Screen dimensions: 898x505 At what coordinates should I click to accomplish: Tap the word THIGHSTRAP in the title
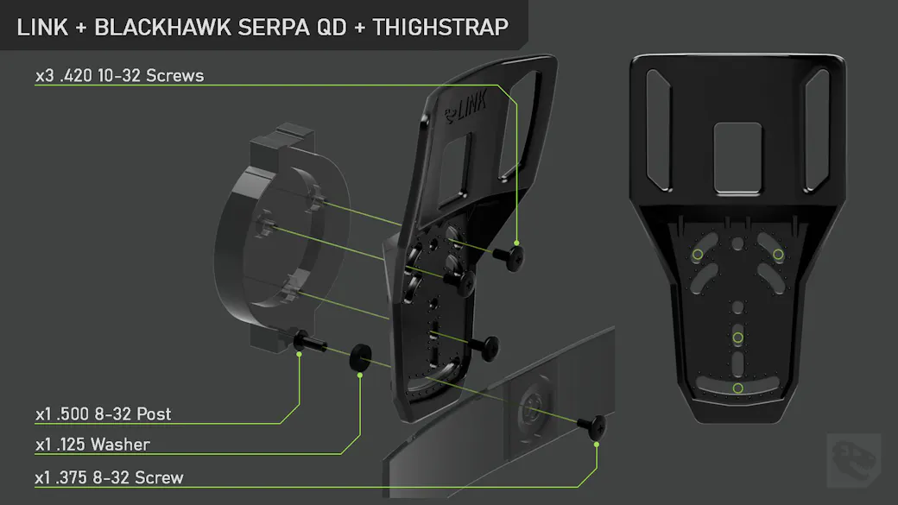point(440,28)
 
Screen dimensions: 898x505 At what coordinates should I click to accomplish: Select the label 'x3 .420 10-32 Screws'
point(120,76)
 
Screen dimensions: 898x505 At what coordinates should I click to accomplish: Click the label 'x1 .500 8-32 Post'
point(103,414)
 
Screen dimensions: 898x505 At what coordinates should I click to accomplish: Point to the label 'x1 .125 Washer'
point(92,445)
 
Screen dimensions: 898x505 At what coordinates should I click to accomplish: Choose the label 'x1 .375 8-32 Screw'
point(110,477)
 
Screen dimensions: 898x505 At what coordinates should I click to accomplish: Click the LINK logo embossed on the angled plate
point(467,106)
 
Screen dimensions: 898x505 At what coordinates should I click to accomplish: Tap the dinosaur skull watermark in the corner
point(853,460)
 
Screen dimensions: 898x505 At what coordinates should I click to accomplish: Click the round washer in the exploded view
point(360,357)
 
